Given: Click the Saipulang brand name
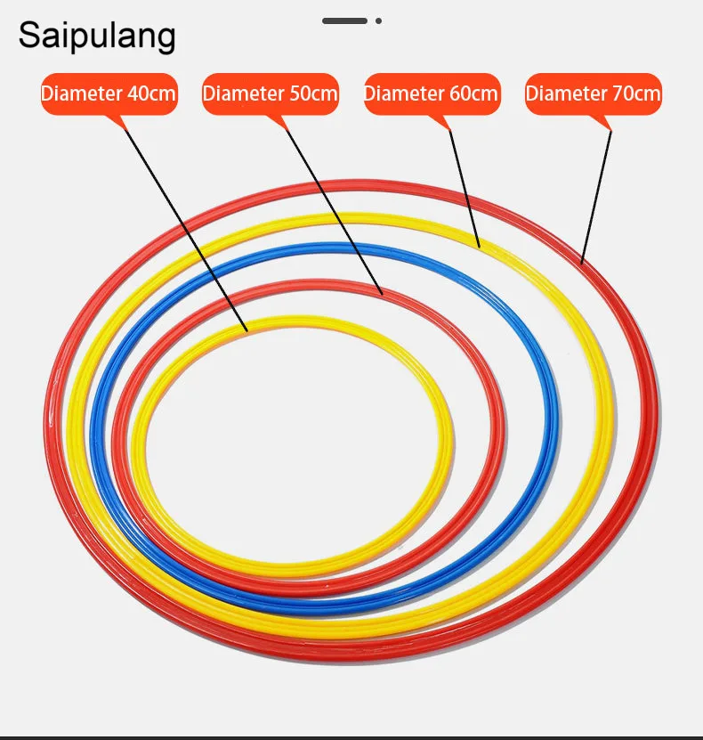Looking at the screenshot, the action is [x=97, y=37].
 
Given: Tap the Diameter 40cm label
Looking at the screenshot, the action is [x=109, y=94].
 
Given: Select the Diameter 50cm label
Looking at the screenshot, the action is [x=271, y=94].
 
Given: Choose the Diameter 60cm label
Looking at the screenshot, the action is [x=432, y=94].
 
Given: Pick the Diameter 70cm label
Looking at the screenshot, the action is [x=594, y=94].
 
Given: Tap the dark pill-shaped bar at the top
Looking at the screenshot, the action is [x=344, y=20].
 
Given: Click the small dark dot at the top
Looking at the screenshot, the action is [x=378, y=20].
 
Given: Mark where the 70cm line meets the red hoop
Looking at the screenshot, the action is [x=582, y=262].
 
